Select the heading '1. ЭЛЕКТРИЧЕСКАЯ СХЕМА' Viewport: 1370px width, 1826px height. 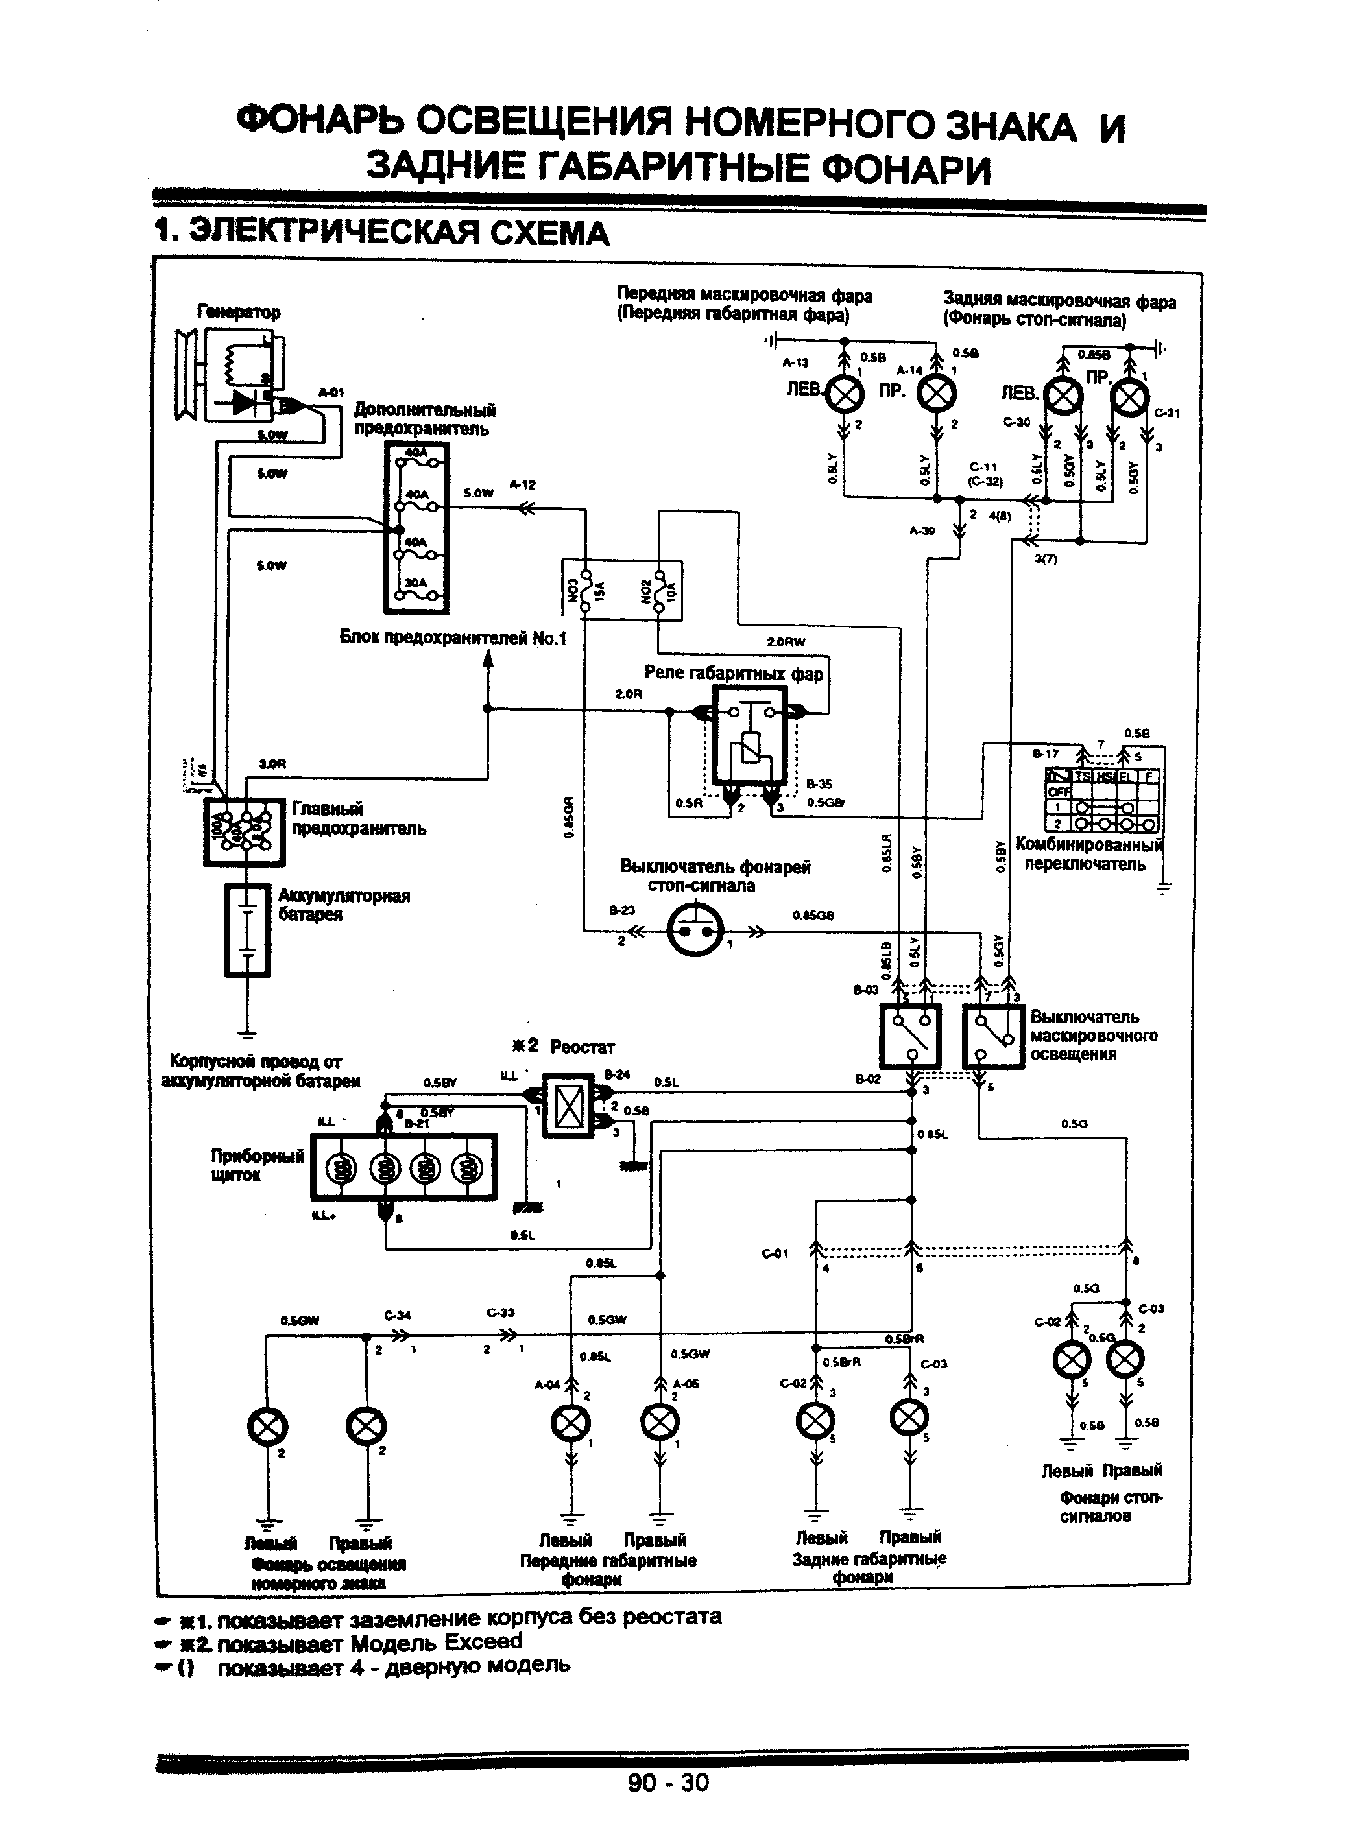[x=382, y=233]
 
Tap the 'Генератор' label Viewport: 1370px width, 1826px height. [x=239, y=312]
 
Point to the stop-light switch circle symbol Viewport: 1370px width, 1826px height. [x=693, y=931]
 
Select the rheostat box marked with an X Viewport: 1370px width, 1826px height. [x=569, y=1107]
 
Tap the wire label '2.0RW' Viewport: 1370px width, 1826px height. [x=786, y=641]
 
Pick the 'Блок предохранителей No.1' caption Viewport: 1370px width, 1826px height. [x=453, y=638]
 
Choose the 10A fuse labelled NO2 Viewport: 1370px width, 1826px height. [x=659, y=591]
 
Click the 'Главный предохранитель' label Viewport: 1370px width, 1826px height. [x=359, y=818]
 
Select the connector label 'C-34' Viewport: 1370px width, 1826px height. [x=397, y=1315]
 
